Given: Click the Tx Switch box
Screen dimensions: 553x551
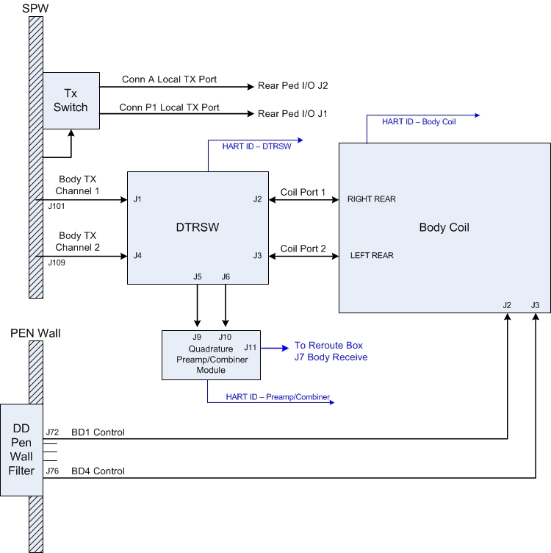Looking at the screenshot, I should click(71, 101).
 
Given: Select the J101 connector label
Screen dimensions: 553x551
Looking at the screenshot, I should click(57, 207).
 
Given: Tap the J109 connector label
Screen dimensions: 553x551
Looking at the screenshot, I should click(57, 262).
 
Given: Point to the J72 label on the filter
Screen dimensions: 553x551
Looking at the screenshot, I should click(52, 432).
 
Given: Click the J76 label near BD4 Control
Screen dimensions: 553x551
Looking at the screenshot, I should click(52, 471).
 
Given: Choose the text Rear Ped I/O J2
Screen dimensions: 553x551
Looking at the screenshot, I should click(292, 86).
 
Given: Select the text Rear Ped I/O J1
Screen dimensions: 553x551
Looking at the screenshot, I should click(292, 114).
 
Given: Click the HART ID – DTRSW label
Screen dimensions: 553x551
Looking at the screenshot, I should click(256, 146).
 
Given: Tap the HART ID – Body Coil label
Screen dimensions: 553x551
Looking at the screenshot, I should click(419, 121).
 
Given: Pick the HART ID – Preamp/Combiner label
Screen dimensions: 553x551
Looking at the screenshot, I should click(278, 397).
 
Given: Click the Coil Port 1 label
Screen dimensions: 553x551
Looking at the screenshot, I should click(303, 192).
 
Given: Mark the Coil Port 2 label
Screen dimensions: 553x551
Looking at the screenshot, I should click(303, 249).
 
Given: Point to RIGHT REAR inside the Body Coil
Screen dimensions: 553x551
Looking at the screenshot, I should click(372, 199).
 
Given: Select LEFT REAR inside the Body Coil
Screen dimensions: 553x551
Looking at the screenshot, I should click(371, 256).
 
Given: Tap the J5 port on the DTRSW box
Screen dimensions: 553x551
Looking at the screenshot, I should click(197, 276).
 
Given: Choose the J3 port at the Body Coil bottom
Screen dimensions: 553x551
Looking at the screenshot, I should click(535, 305).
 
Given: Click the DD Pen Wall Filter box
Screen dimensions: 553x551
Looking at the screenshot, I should click(21, 449).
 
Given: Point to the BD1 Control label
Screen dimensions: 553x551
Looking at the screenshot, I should click(98, 432).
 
